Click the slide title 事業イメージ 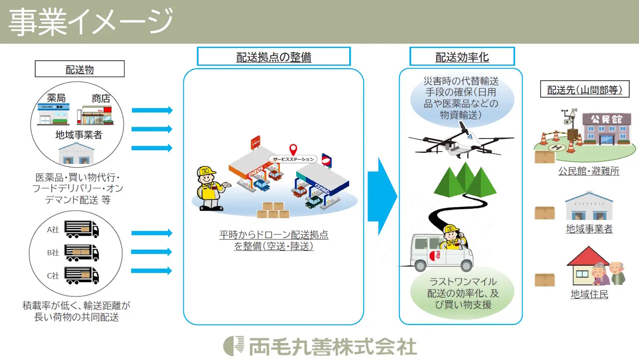pos(90,22)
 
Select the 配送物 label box pos(79,69)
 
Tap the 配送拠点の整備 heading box pos(274,56)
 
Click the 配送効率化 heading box pos(462,56)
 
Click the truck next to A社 pos(81,229)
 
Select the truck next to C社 pos(81,275)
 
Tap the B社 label pos(53,253)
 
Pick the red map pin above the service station pos(293,149)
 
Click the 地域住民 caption pos(589,294)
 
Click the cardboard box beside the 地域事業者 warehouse pos(544,213)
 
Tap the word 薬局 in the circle pos(56,98)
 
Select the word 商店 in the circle pos(101,98)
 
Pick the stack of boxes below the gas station pos(273,210)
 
